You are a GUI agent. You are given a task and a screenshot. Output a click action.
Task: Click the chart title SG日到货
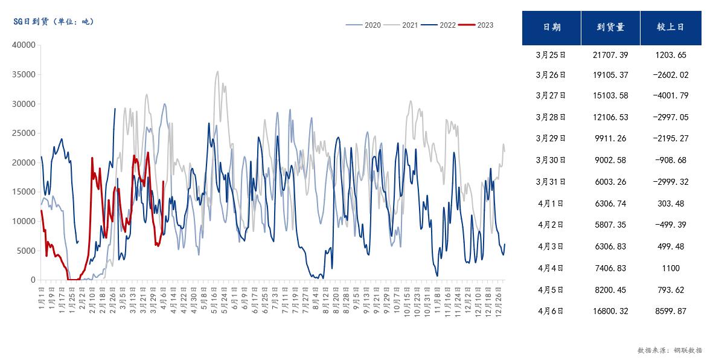pyautogui.click(x=54, y=21)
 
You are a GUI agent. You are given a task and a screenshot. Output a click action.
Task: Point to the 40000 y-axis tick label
pyautogui.click(x=24, y=45)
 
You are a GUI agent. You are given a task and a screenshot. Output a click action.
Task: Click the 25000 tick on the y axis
pyautogui.click(x=24, y=133)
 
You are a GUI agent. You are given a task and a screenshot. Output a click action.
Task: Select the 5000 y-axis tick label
pyautogui.click(x=26, y=251)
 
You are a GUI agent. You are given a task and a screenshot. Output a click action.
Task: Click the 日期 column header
pyautogui.click(x=551, y=27)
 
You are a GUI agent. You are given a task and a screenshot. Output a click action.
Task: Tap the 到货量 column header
pyautogui.click(x=610, y=27)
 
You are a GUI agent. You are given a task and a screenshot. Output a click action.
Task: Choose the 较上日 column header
pyautogui.click(x=671, y=27)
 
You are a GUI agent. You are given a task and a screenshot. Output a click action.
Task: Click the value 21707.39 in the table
pyautogui.click(x=610, y=55)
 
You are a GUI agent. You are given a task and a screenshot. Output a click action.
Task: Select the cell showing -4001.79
pyautogui.click(x=671, y=95)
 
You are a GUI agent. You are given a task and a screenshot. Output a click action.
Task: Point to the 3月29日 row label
pyautogui.click(x=551, y=138)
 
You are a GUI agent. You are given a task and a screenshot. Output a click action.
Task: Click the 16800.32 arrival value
pyautogui.click(x=610, y=312)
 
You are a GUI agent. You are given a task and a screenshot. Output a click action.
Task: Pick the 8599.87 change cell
pyautogui.click(x=671, y=312)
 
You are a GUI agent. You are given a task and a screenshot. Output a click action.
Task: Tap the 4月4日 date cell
pyautogui.click(x=551, y=268)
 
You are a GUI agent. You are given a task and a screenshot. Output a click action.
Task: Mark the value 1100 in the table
pyautogui.click(x=671, y=268)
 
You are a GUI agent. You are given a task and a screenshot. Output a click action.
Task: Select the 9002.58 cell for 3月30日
pyautogui.click(x=610, y=160)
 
